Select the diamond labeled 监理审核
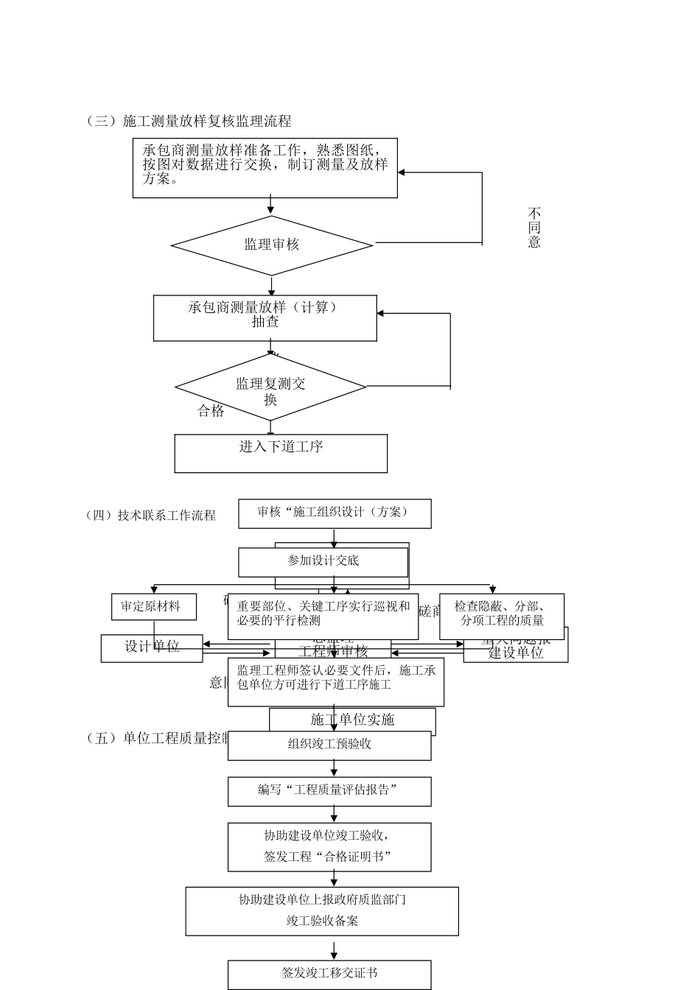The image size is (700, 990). coord(272,245)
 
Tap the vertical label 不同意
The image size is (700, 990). coord(534,228)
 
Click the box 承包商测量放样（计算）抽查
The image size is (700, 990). coord(265,317)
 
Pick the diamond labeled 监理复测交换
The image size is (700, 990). coord(270,388)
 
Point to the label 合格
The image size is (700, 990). coord(211,411)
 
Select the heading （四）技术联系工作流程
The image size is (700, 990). coord(151,516)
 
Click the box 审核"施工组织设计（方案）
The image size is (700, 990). coord(335,513)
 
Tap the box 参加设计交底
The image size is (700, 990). coord(323,562)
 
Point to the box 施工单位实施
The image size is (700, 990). coord(352,720)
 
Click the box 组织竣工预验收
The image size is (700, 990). coord(329,745)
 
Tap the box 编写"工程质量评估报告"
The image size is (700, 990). coord(329,791)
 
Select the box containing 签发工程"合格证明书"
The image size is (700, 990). coord(329,846)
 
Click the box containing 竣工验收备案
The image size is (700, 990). coord(322,910)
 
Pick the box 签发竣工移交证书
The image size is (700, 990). coord(329,974)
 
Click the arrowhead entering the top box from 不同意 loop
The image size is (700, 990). coord(402,173)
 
